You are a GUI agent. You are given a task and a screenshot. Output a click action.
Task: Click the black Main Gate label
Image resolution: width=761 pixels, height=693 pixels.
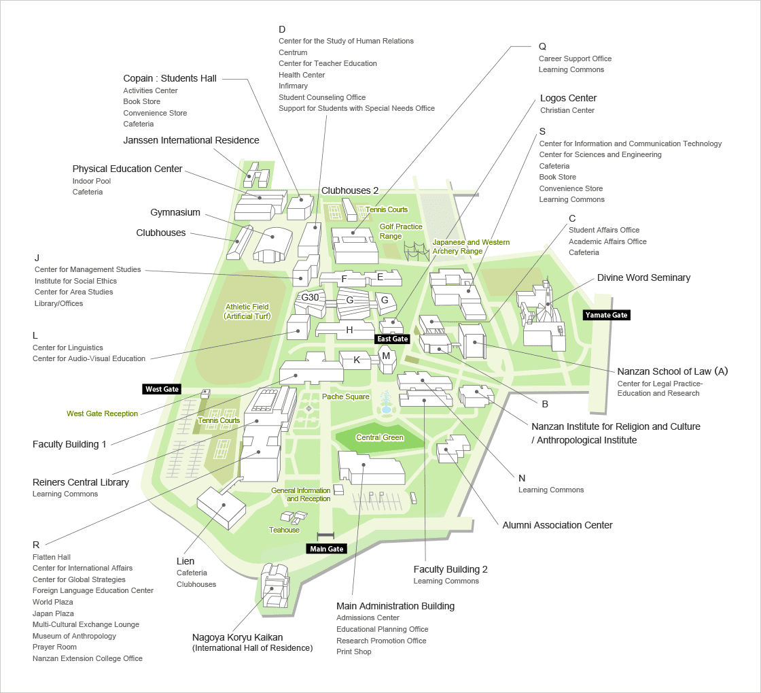[x=326, y=549]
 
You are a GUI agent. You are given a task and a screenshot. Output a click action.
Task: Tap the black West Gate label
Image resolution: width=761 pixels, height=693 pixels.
[x=162, y=389]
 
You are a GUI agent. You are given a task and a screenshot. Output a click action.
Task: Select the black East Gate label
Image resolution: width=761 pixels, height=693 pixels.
[x=393, y=339]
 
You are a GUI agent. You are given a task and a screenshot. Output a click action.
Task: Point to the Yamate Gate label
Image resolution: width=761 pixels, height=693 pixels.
[x=606, y=315]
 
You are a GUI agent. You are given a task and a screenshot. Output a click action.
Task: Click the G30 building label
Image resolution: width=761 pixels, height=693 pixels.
[x=310, y=298]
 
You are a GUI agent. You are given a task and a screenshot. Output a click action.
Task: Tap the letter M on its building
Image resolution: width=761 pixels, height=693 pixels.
[x=386, y=356]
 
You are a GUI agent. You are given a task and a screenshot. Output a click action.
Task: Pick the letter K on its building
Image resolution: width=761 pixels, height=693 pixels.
[x=357, y=359]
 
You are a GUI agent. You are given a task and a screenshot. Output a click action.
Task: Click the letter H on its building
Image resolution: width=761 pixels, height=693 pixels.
[x=349, y=331]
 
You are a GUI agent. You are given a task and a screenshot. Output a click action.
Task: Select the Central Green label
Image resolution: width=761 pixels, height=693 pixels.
[x=380, y=438]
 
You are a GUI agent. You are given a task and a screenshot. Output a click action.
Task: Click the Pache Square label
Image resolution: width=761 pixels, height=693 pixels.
[x=346, y=396]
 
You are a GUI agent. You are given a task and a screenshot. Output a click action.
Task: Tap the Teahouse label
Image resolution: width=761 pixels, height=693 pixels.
[x=284, y=530]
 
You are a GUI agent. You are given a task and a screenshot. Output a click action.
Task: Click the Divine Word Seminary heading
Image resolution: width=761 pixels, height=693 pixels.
[x=643, y=277]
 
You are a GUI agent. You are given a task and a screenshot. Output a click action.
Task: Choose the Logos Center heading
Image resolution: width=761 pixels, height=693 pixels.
[x=568, y=98]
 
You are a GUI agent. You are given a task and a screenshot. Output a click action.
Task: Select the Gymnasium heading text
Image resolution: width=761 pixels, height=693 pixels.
[x=175, y=212]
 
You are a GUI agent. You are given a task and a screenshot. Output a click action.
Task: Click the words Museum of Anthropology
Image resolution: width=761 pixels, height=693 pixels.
[x=74, y=636]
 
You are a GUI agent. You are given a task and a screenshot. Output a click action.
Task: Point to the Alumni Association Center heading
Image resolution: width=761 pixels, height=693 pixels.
[x=557, y=525]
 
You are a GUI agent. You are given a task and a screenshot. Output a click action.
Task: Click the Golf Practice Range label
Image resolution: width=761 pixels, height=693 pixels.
[x=401, y=231]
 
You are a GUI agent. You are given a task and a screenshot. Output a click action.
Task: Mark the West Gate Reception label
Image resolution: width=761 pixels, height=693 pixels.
[x=102, y=413]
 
